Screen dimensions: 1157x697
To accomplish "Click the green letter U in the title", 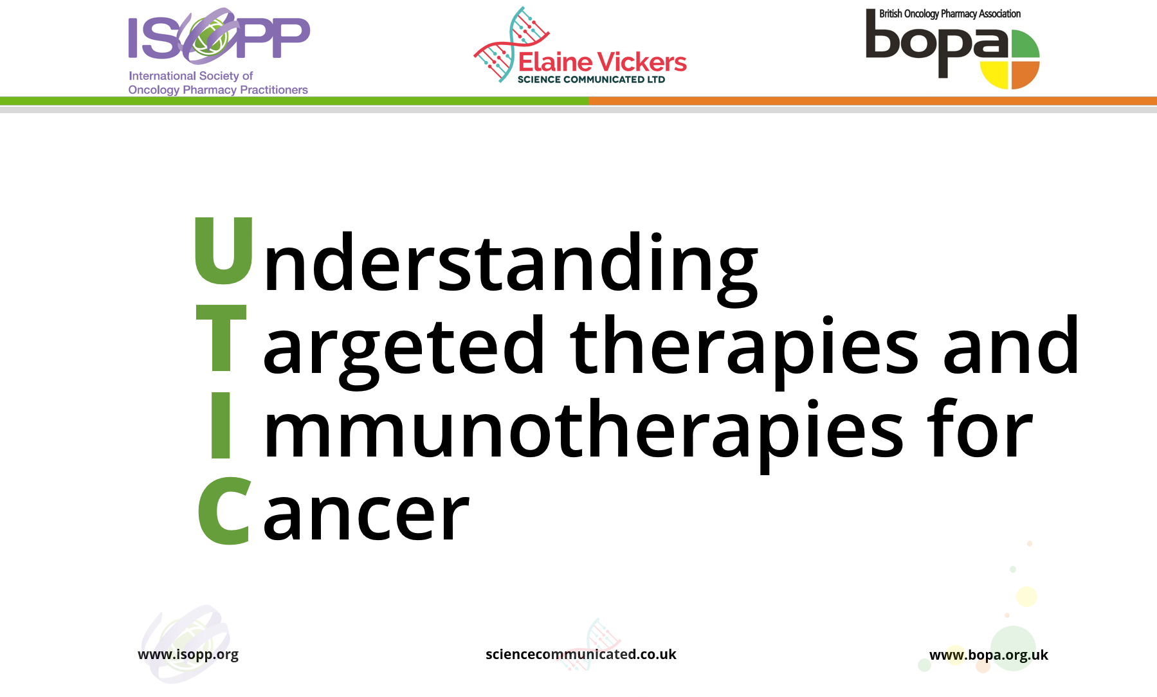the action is pos(224,251).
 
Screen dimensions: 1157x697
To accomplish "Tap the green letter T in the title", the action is pos(221,338).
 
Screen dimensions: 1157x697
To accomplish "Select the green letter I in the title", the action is pos(221,425).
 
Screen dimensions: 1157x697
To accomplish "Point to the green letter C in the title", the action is pos(223,511).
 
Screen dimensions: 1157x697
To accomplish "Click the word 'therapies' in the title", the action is pos(744,352).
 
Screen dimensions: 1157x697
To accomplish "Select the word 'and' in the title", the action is pos(1011,345).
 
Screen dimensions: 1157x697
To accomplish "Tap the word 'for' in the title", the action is pos(979,428).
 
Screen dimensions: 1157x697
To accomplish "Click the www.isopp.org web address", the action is pos(188,655).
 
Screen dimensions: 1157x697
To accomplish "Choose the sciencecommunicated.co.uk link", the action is pos(581,655).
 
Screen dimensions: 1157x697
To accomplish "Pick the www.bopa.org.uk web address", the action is pos(988,656).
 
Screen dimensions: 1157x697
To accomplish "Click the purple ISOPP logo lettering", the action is pos(219,37).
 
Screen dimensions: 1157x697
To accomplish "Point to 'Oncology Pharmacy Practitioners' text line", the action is pos(218,90).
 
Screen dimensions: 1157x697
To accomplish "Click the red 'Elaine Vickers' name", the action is pos(603,62).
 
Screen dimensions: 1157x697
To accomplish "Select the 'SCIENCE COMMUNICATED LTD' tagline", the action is pos(591,80).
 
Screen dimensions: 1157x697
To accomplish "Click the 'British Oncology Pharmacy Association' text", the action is pos(950,14).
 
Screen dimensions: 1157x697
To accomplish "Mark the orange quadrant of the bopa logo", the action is pos(1025,74).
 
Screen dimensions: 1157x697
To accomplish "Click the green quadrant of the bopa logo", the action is pos(1025,45).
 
